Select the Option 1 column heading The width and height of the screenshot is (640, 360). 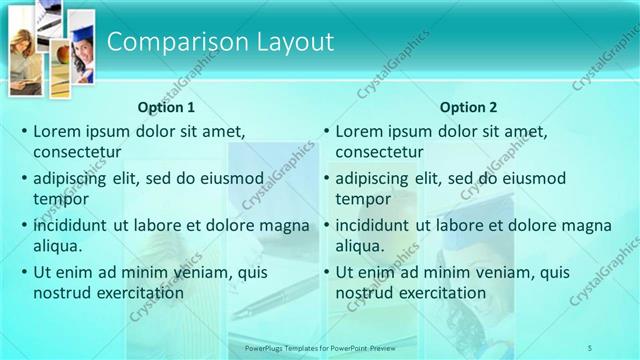pos(166,107)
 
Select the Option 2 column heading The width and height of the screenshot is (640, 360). pos(468,107)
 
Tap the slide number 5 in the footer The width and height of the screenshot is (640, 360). pos(590,348)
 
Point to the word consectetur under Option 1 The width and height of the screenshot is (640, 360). pos(77,152)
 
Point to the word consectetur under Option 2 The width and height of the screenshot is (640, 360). pos(379,152)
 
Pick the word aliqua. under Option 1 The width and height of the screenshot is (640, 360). pos(57,246)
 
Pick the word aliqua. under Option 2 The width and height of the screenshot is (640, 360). pos(359,246)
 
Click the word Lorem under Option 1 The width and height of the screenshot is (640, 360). pos(56,130)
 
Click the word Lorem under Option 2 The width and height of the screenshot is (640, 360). pos(358,130)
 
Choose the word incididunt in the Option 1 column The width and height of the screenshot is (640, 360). pos(71,224)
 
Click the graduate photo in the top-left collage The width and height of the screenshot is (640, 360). pos(80,50)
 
